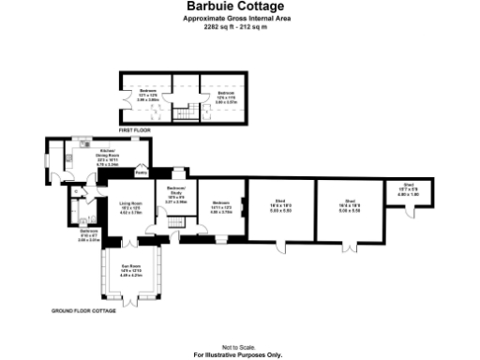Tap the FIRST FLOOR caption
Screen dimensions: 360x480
(x=135, y=129)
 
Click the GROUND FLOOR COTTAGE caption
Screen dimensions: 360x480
(x=83, y=309)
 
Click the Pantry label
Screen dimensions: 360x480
(x=141, y=173)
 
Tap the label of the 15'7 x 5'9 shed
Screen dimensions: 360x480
(x=409, y=185)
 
